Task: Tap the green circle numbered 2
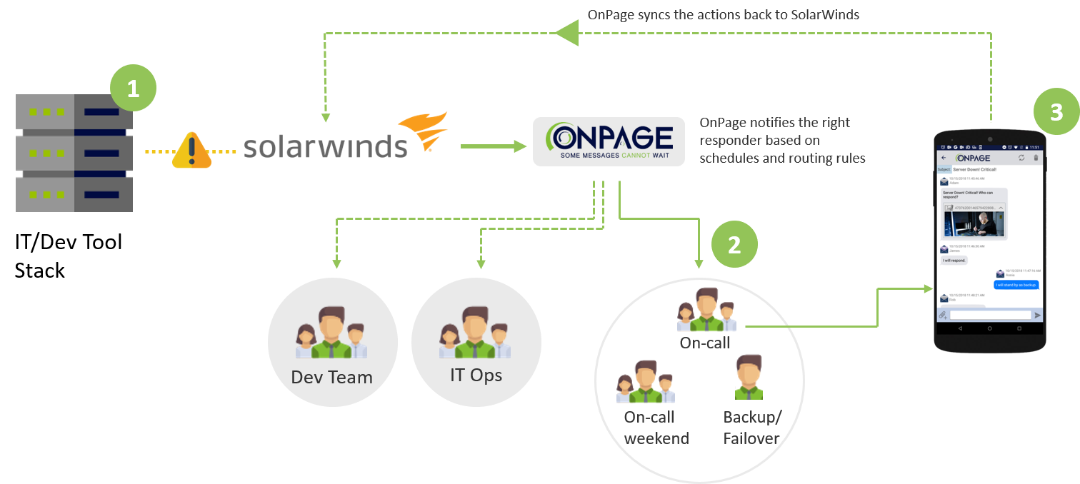click(x=734, y=245)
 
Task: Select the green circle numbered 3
click(x=1056, y=111)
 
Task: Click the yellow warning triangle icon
click(x=192, y=151)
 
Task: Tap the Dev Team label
click(x=332, y=377)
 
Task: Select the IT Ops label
click(x=476, y=374)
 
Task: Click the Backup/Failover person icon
click(x=749, y=378)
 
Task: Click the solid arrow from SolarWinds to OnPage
click(x=493, y=146)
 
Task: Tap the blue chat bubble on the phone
click(x=1016, y=285)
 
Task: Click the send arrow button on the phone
click(x=1038, y=315)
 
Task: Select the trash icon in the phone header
click(x=1036, y=158)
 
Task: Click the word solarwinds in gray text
click(x=326, y=146)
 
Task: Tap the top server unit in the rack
click(x=74, y=112)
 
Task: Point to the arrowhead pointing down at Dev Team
click(x=334, y=265)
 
